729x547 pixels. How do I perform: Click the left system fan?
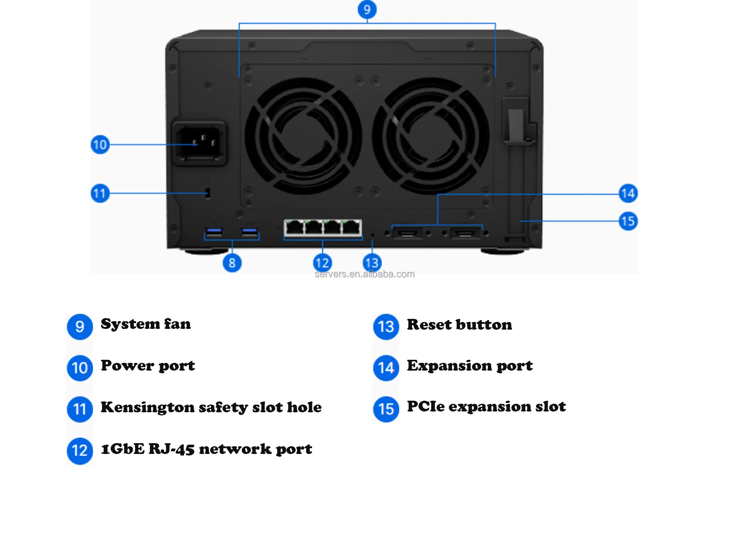[303, 136]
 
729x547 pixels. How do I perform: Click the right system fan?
[430, 136]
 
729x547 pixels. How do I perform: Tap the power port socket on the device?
[199, 143]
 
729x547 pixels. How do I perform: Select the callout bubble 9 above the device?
[367, 9]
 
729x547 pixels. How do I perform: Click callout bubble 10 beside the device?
[100, 145]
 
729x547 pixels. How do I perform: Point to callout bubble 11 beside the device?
[100, 193]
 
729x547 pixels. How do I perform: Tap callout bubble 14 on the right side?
[628, 193]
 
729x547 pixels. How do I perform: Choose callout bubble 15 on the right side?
[628, 221]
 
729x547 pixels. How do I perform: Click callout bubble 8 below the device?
[232, 263]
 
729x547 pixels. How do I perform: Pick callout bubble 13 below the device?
[372, 263]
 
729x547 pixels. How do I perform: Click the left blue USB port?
[214, 232]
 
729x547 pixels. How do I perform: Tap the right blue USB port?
[249, 232]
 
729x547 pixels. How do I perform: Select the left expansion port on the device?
[407, 233]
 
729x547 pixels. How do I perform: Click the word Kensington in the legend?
[147, 407]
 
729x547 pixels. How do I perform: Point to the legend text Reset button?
[459, 325]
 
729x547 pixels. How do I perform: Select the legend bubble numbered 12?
[80, 450]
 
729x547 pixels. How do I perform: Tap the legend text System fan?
[146, 324]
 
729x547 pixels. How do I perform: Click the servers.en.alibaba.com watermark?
[364, 274]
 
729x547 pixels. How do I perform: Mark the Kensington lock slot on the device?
[208, 193]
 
